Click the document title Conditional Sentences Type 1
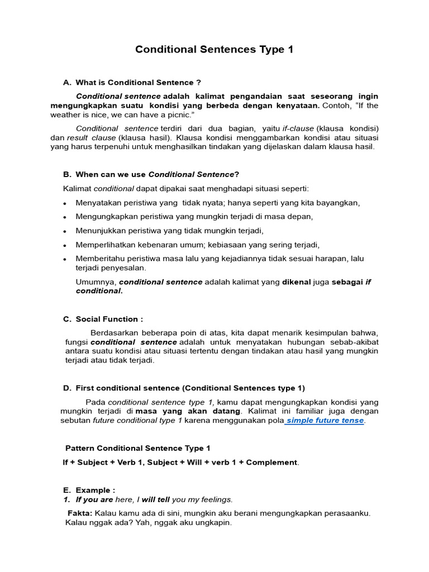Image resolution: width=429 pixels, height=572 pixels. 214,50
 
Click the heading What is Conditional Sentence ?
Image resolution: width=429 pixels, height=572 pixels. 138,83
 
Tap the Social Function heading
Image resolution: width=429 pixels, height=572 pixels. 109,319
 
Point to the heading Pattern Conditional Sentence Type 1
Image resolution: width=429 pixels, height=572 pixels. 138,448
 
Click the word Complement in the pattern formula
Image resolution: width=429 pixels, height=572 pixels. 272,463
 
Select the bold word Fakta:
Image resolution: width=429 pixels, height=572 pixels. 80,513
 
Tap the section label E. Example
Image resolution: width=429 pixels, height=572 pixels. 89,490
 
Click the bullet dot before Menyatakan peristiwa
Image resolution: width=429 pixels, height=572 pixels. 65,203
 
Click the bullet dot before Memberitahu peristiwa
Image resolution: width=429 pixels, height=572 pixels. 65,259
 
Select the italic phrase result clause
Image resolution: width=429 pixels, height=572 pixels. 92,137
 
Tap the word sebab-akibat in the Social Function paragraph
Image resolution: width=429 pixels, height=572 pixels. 355,342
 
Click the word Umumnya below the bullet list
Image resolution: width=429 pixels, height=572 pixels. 96,282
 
